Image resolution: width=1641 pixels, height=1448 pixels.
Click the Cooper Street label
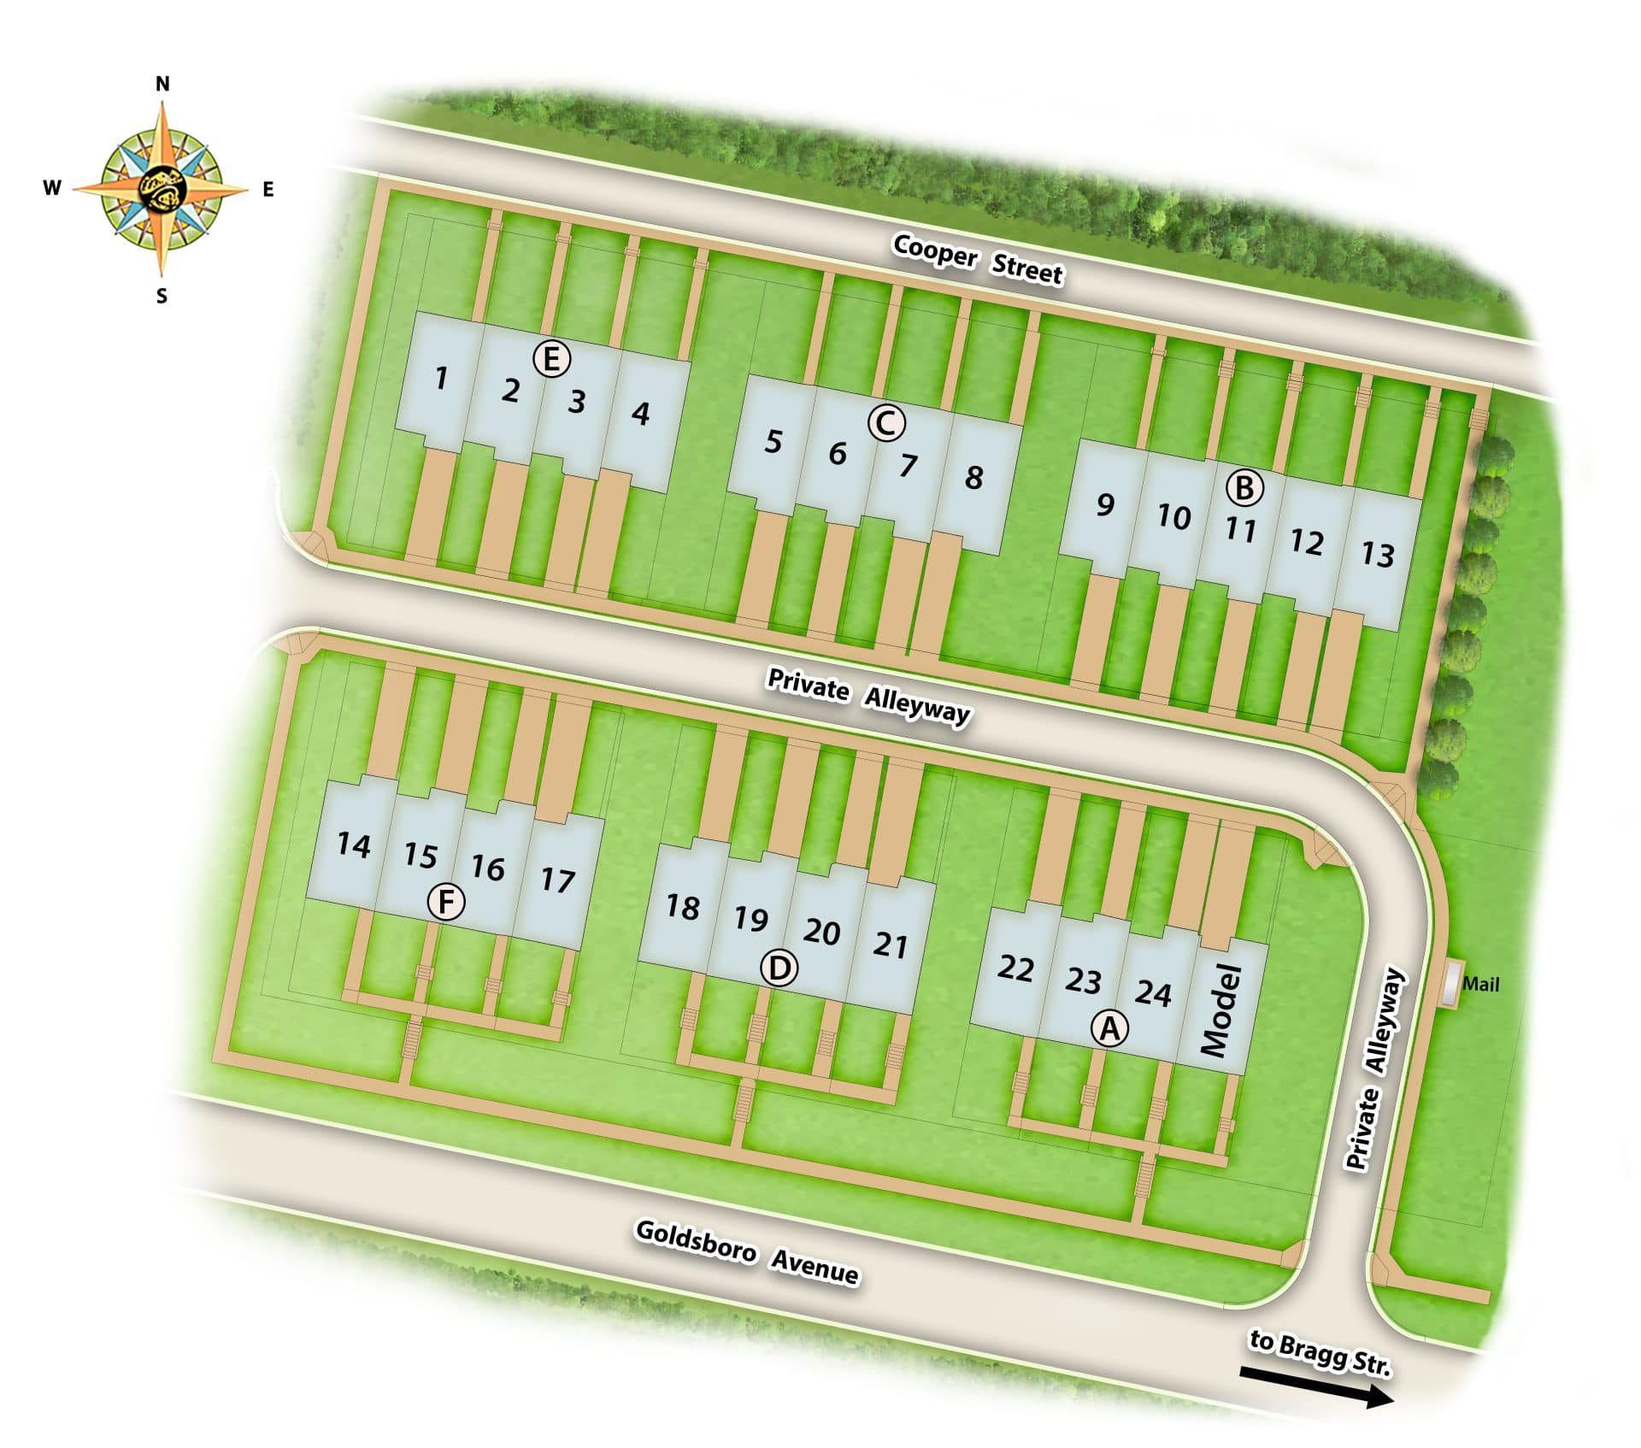point(978,259)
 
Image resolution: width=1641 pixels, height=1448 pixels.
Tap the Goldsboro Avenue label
point(746,1252)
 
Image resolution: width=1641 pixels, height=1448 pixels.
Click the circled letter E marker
point(551,359)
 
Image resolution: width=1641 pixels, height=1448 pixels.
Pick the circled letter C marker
point(886,422)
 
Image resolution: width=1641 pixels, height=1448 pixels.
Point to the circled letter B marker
point(1244,488)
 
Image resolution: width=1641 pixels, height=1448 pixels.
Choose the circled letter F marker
point(446,903)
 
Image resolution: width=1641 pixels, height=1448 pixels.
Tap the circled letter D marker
point(779,969)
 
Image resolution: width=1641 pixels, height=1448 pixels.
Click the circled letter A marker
point(1109,1028)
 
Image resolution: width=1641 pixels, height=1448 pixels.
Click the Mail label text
point(1480,984)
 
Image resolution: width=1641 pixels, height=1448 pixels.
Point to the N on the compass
point(162,84)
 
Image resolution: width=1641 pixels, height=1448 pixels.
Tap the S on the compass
point(162,297)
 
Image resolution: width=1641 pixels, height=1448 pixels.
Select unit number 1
point(440,378)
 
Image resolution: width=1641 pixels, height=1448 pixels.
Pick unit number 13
point(1377,555)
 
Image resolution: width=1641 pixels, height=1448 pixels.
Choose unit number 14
point(353,845)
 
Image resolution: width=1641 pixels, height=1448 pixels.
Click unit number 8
point(973,477)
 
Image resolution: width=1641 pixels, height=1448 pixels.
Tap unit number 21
point(890,945)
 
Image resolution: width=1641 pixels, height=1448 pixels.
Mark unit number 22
point(1015,968)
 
